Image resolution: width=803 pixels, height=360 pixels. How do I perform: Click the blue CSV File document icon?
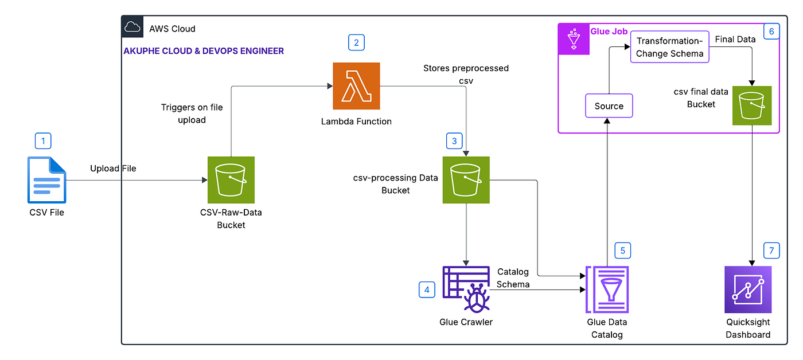pos(47,180)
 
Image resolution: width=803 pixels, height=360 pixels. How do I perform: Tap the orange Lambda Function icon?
pos(356,86)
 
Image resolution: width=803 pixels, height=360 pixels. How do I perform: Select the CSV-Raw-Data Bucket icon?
pos(231,180)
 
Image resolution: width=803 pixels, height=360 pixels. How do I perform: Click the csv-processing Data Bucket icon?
pos(466,180)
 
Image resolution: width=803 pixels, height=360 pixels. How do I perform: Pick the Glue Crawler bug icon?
pos(466,289)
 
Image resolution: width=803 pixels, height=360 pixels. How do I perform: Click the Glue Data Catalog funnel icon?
pos(607,289)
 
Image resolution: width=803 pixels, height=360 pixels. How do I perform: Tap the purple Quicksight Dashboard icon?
pos(748,289)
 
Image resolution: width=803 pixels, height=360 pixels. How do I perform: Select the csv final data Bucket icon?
pos(752,105)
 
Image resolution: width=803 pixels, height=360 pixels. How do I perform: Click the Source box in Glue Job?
pos(609,106)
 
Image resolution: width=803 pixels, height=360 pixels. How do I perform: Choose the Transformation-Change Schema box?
pos(670,48)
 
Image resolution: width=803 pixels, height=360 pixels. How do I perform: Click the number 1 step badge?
pos(43,140)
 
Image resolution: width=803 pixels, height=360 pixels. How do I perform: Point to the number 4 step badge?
pos(427,290)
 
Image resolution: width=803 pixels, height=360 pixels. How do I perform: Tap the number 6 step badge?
pos(771,31)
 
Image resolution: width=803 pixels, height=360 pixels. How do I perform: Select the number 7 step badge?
pos(771,251)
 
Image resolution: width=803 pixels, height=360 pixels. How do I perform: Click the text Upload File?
pos(113,169)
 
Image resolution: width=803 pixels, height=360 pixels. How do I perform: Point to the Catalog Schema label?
pos(513,277)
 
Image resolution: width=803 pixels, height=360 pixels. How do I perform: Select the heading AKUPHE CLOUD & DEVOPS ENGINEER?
pos(204,51)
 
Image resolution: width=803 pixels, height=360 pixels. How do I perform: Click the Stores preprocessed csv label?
pos(466,74)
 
